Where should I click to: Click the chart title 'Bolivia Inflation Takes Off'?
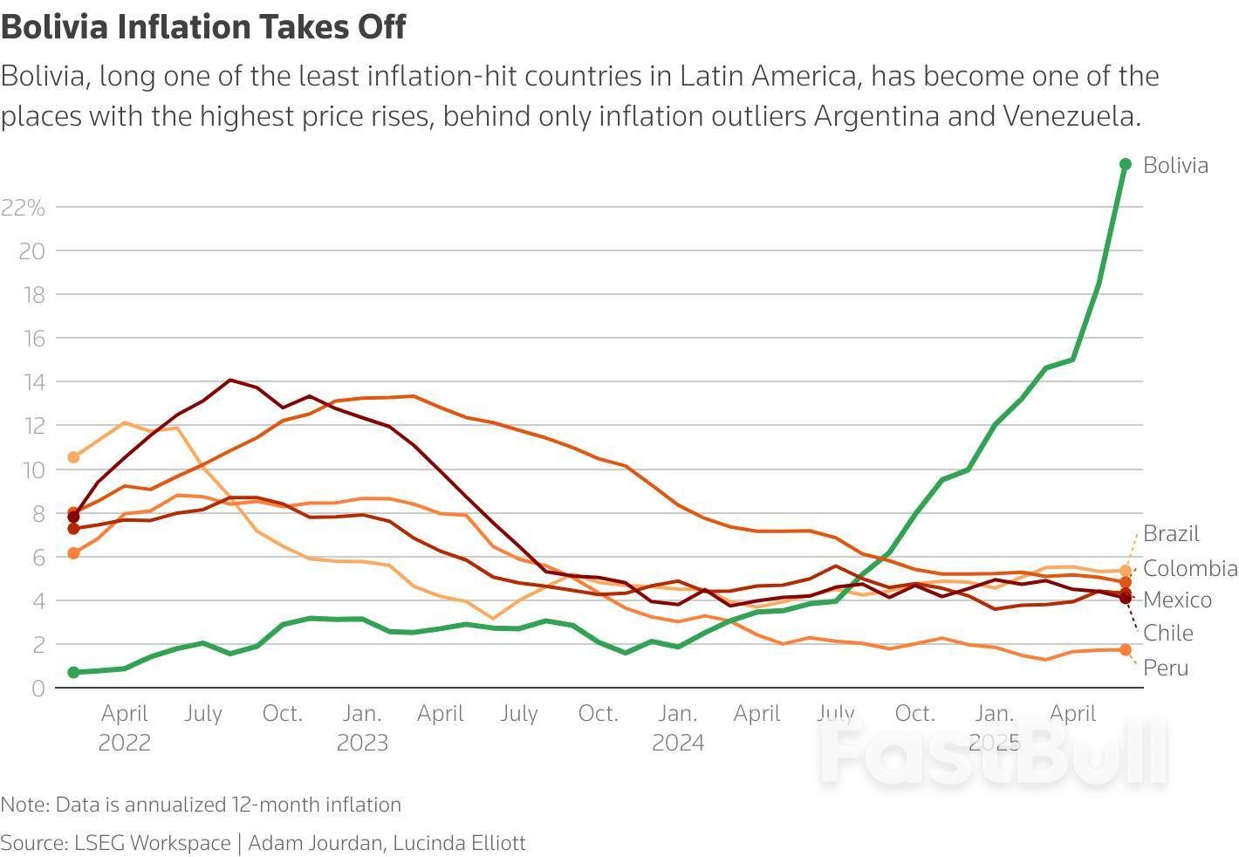coord(203,27)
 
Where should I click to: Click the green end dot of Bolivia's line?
coord(1126,164)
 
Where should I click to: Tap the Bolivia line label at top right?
coord(1175,165)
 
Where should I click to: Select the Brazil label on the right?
coord(1171,533)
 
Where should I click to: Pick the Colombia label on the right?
coord(1190,568)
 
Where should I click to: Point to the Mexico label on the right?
coord(1177,600)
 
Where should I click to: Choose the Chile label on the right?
coord(1167,633)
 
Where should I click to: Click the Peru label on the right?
coord(1166,668)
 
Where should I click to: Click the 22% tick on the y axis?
coord(24,207)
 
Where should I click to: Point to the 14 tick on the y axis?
coord(33,381)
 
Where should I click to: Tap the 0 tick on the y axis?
coord(38,688)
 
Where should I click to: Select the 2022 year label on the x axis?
coord(124,743)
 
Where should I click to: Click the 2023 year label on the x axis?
coord(362,743)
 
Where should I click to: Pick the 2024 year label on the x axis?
coord(678,743)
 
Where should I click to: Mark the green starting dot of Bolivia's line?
coord(73,672)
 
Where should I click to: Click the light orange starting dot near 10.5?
coord(73,457)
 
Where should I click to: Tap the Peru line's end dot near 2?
coord(1126,650)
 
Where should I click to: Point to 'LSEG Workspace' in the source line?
coord(152,843)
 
